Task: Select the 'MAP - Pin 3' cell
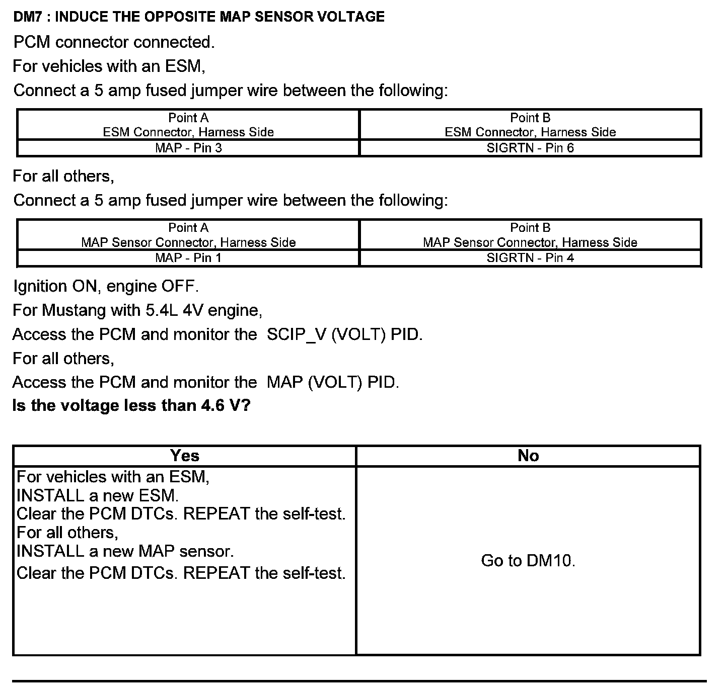click(188, 148)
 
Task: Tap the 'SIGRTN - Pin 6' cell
click(530, 148)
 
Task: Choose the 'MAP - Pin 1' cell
click(188, 258)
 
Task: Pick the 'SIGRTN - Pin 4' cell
click(530, 258)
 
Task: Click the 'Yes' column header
click(185, 456)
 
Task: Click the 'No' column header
click(528, 456)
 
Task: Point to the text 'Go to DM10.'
click(528, 560)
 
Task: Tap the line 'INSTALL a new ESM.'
click(98, 495)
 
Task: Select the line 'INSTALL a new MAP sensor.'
click(125, 551)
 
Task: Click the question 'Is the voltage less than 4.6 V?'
click(131, 405)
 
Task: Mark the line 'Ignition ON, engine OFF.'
click(106, 286)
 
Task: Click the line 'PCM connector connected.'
click(114, 42)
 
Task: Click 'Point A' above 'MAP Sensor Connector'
click(188, 228)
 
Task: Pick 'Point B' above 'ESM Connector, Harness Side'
click(530, 118)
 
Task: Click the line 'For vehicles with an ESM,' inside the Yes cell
click(113, 476)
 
